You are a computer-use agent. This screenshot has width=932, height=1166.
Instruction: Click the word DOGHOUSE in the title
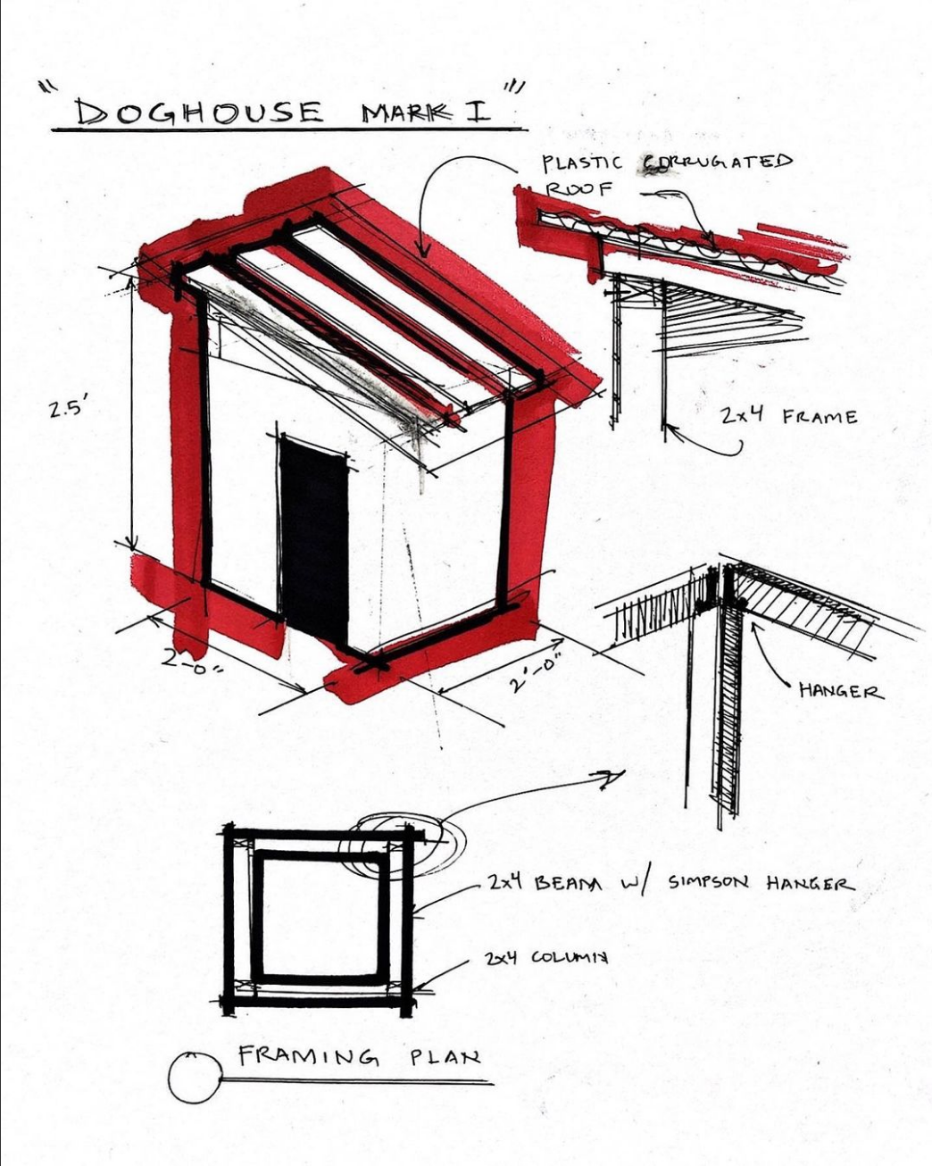click(198, 112)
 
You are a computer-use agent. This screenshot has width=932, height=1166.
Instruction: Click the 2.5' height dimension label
click(70, 410)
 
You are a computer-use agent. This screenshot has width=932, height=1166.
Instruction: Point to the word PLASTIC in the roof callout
click(581, 163)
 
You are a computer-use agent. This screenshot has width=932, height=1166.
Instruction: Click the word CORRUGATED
click(720, 162)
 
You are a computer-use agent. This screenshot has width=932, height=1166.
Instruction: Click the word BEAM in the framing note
click(568, 883)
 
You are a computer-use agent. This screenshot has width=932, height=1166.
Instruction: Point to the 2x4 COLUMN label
click(546, 957)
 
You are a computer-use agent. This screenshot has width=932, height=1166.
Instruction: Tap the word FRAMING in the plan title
click(308, 1056)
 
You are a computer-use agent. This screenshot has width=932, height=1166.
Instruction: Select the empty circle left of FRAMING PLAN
click(193, 1078)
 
